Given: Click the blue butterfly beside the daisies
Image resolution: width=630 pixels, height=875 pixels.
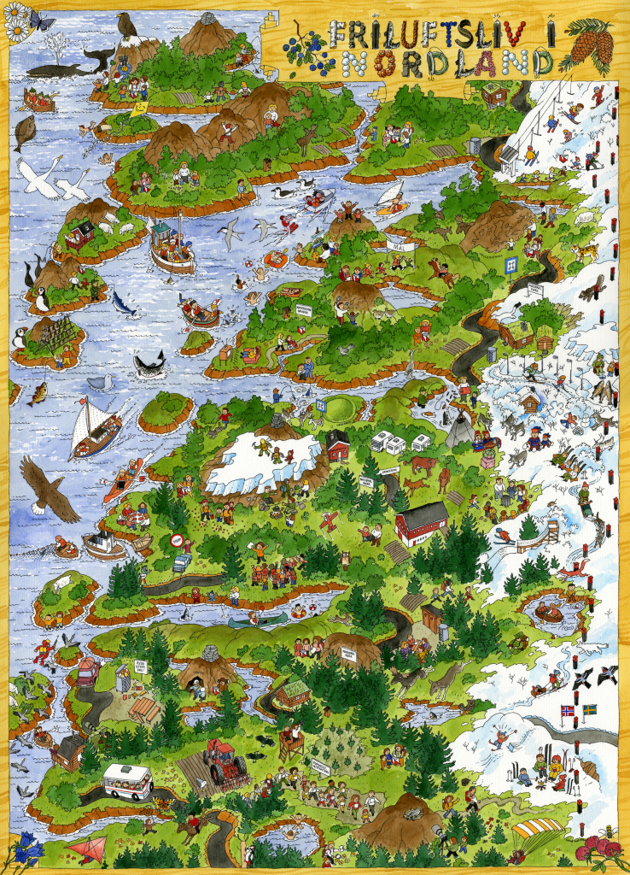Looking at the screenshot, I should [x=41, y=19].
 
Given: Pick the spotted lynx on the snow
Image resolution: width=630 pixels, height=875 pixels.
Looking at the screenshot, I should [x=585, y=251].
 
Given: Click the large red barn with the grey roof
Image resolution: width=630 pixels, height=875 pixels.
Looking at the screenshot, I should [x=422, y=522].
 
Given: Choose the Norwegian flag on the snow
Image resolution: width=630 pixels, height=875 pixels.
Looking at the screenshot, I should [x=568, y=711].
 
